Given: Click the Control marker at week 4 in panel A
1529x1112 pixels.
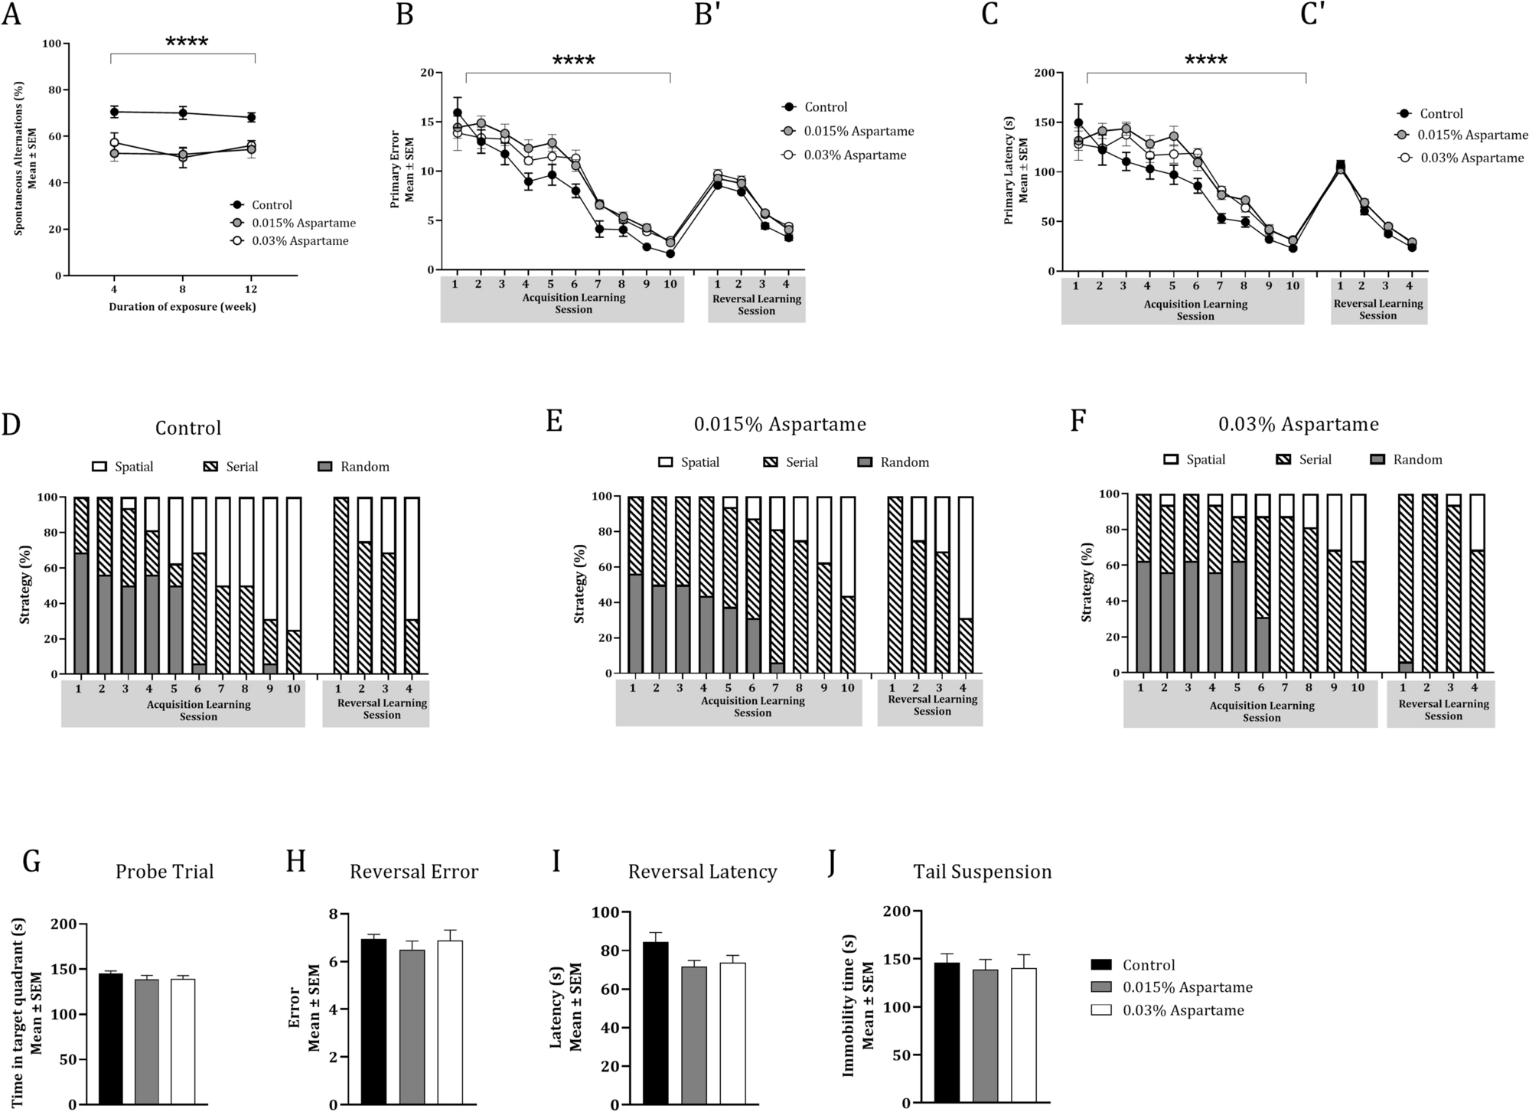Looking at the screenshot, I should pos(114,112).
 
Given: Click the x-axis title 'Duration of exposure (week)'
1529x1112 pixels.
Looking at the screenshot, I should pos(182,307).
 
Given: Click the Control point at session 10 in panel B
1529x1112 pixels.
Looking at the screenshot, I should pos(670,253).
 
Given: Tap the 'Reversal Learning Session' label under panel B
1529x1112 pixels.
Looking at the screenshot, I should pos(756,305).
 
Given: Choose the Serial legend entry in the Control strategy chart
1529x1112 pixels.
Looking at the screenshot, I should pos(229,467).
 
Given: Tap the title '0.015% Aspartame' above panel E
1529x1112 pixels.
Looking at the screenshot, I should pos(780,424).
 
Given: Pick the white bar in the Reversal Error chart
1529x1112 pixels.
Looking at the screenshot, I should pos(450,1022).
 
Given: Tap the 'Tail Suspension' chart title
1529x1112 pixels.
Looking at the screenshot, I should pos(982,872).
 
